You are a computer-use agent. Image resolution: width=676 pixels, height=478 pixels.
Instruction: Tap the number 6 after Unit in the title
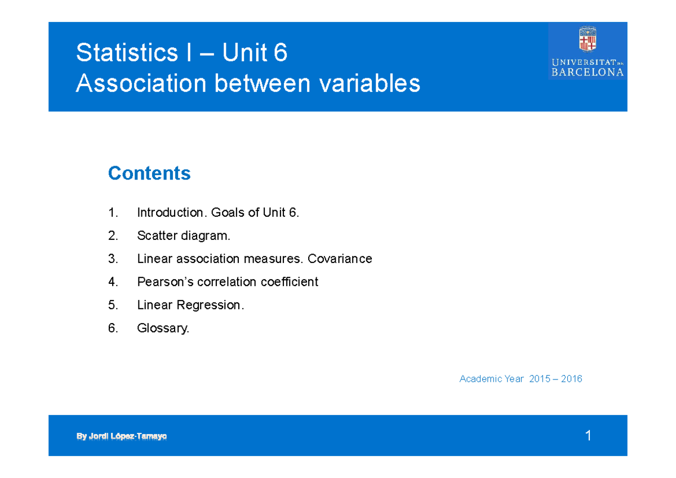pyautogui.click(x=280, y=53)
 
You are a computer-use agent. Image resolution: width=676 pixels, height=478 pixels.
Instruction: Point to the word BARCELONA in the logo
pyautogui.click(x=588, y=72)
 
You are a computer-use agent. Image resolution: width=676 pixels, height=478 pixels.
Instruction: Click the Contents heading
pyautogui.click(x=149, y=173)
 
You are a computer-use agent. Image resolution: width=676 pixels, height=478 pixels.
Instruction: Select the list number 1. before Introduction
pyautogui.click(x=113, y=212)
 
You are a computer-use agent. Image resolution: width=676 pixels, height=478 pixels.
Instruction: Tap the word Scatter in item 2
pyautogui.click(x=157, y=235)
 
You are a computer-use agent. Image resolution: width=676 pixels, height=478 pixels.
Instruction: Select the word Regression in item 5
pyautogui.click(x=210, y=305)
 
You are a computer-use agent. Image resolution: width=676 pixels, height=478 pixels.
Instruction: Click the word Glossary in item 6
pyautogui.click(x=163, y=328)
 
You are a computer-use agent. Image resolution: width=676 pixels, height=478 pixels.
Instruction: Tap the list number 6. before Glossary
pyautogui.click(x=113, y=328)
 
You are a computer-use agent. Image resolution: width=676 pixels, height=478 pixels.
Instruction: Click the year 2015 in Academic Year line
pyautogui.click(x=540, y=379)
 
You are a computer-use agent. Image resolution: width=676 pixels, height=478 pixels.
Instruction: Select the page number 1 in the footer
pyautogui.click(x=588, y=435)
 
